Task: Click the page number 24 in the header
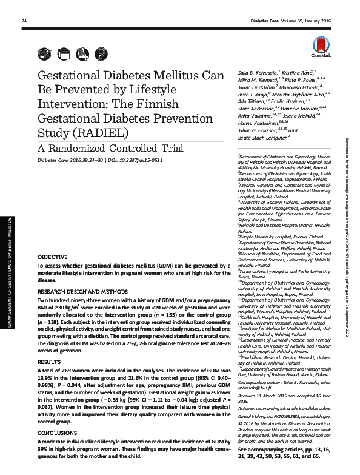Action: [x=24, y=22]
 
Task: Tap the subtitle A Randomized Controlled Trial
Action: [x=102, y=147]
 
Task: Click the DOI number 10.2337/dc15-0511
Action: [x=156, y=161]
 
